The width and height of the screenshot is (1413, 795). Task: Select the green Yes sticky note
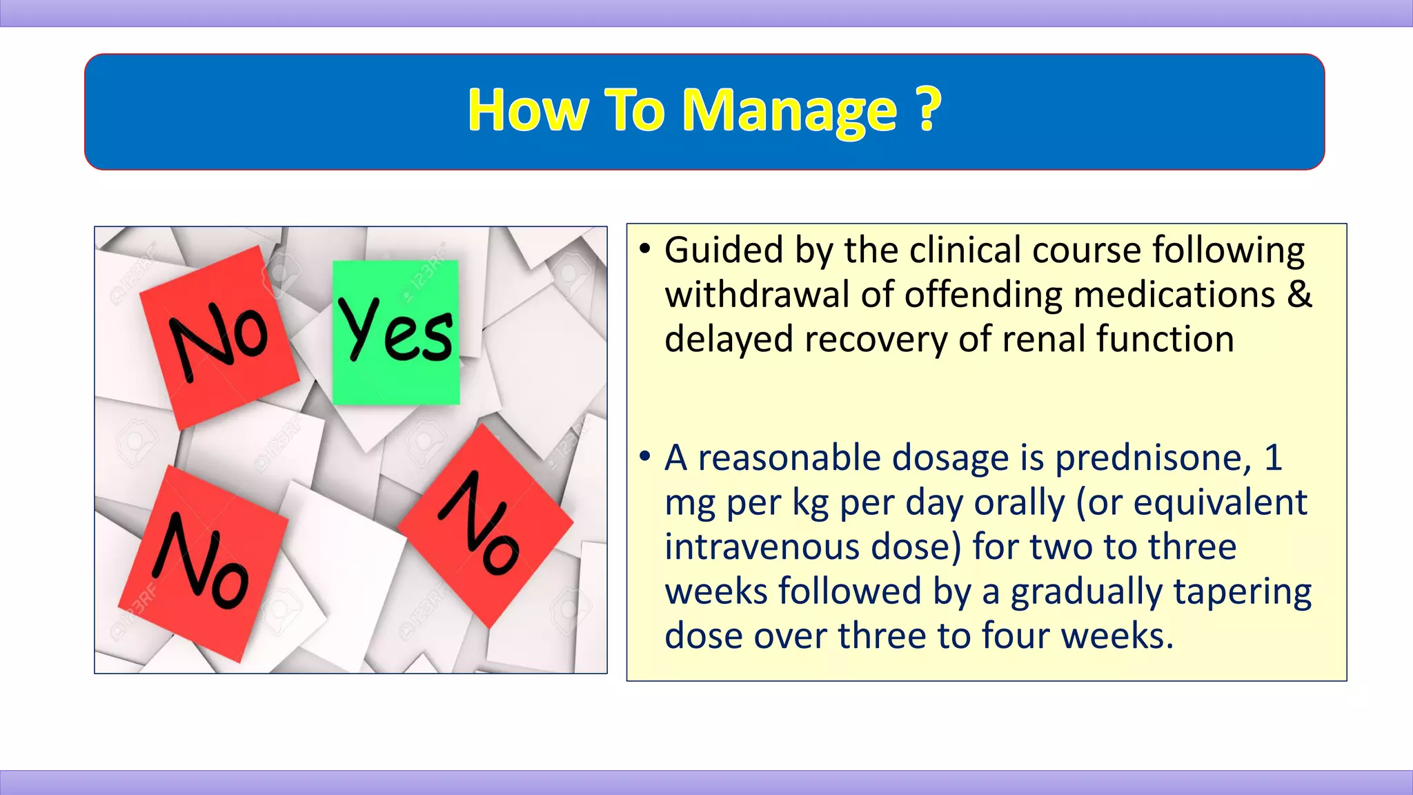point(396,332)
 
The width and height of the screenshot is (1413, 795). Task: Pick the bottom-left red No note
point(202,562)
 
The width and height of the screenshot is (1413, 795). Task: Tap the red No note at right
point(486,526)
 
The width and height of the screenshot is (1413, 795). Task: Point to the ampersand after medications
point(1298,295)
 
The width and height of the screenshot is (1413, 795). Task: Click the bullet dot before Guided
point(645,249)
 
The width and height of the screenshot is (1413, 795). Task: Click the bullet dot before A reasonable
point(645,457)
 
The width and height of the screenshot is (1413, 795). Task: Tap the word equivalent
point(1220,503)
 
